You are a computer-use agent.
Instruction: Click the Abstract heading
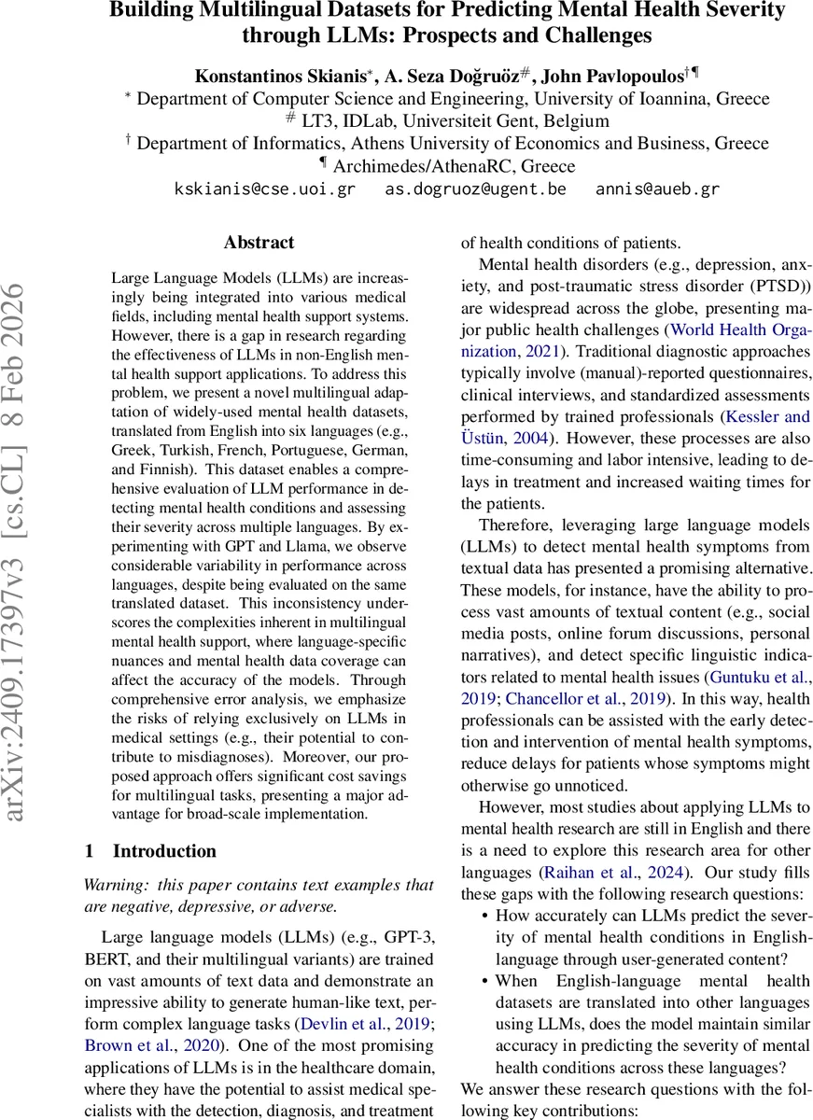pos(259,243)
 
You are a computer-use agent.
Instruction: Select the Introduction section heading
pos(163,850)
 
